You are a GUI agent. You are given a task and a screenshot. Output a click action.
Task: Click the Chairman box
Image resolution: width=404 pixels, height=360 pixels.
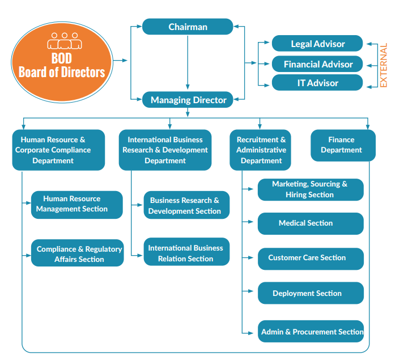(188, 27)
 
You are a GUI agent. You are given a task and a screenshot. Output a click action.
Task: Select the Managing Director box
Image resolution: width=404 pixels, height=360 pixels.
(188, 100)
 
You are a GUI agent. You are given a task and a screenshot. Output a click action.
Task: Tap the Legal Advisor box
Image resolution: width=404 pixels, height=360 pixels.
(317, 44)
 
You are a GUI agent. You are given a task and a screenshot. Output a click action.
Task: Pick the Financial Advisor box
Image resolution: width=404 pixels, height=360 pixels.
(317, 64)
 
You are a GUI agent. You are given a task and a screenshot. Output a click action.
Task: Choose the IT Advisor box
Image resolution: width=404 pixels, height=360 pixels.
(317, 83)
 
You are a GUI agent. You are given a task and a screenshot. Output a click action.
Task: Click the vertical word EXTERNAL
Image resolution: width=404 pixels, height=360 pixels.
(384, 65)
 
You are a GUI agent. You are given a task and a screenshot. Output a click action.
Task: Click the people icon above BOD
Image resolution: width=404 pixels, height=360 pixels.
(62, 41)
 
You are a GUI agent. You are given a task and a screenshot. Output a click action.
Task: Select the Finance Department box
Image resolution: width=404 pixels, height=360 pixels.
(342, 145)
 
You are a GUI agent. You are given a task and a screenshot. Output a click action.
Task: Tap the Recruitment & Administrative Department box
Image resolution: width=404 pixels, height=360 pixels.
(261, 150)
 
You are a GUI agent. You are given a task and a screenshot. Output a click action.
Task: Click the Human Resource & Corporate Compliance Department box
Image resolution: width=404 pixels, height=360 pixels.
(58, 150)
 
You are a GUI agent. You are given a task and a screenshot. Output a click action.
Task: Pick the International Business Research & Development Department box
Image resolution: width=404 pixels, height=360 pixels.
(165, 150)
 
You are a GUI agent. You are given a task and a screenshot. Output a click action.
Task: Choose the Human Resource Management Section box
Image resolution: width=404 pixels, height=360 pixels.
(76, 204)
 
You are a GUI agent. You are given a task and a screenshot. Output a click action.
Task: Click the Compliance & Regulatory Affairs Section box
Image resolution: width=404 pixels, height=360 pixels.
(77, 253)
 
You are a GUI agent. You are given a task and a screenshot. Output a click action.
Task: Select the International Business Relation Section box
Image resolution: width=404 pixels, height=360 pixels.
(186, 253)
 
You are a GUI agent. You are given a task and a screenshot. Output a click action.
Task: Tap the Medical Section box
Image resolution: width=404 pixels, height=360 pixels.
(311, 223)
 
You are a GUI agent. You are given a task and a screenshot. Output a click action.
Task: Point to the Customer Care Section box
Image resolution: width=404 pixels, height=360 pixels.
(311, 258)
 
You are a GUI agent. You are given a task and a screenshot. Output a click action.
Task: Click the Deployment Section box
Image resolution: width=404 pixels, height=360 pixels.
(311, 293)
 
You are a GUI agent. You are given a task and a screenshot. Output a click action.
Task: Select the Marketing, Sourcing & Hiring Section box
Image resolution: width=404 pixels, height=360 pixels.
(311, 189)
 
